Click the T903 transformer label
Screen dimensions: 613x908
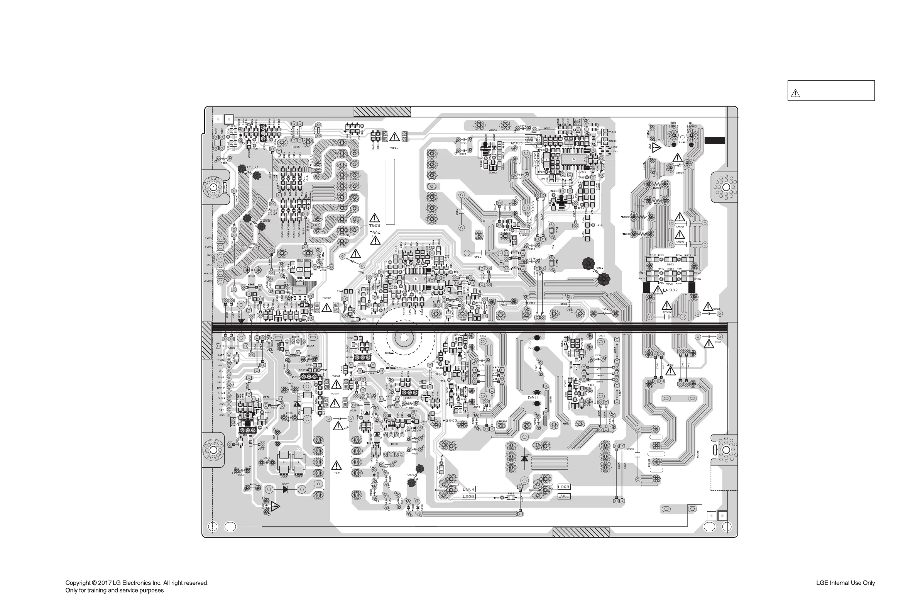tap(374, 226)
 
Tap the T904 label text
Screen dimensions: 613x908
tap(375, 233)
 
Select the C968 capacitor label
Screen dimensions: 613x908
tap(252, 167)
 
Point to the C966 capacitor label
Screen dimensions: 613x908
tap(265, 221)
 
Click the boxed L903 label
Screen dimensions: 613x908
tap(563, 487)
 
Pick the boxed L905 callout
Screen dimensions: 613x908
tap(563, 496)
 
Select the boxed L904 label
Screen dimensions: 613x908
tap(468, 489)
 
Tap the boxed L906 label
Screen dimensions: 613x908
tap(468, 496)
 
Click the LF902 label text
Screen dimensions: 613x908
tap(671, 290)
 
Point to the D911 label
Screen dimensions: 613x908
tap(533, 397)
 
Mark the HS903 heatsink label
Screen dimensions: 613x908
tap(450, 421)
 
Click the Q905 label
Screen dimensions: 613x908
tap(517, 143)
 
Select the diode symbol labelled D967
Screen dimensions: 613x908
tap(286, 489)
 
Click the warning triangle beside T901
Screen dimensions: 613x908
tap(336, 465)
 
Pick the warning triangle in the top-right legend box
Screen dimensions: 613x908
tap(795, 93)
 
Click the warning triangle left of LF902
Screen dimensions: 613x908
tap(657, 290)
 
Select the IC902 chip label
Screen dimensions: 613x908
tap(582, 172)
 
